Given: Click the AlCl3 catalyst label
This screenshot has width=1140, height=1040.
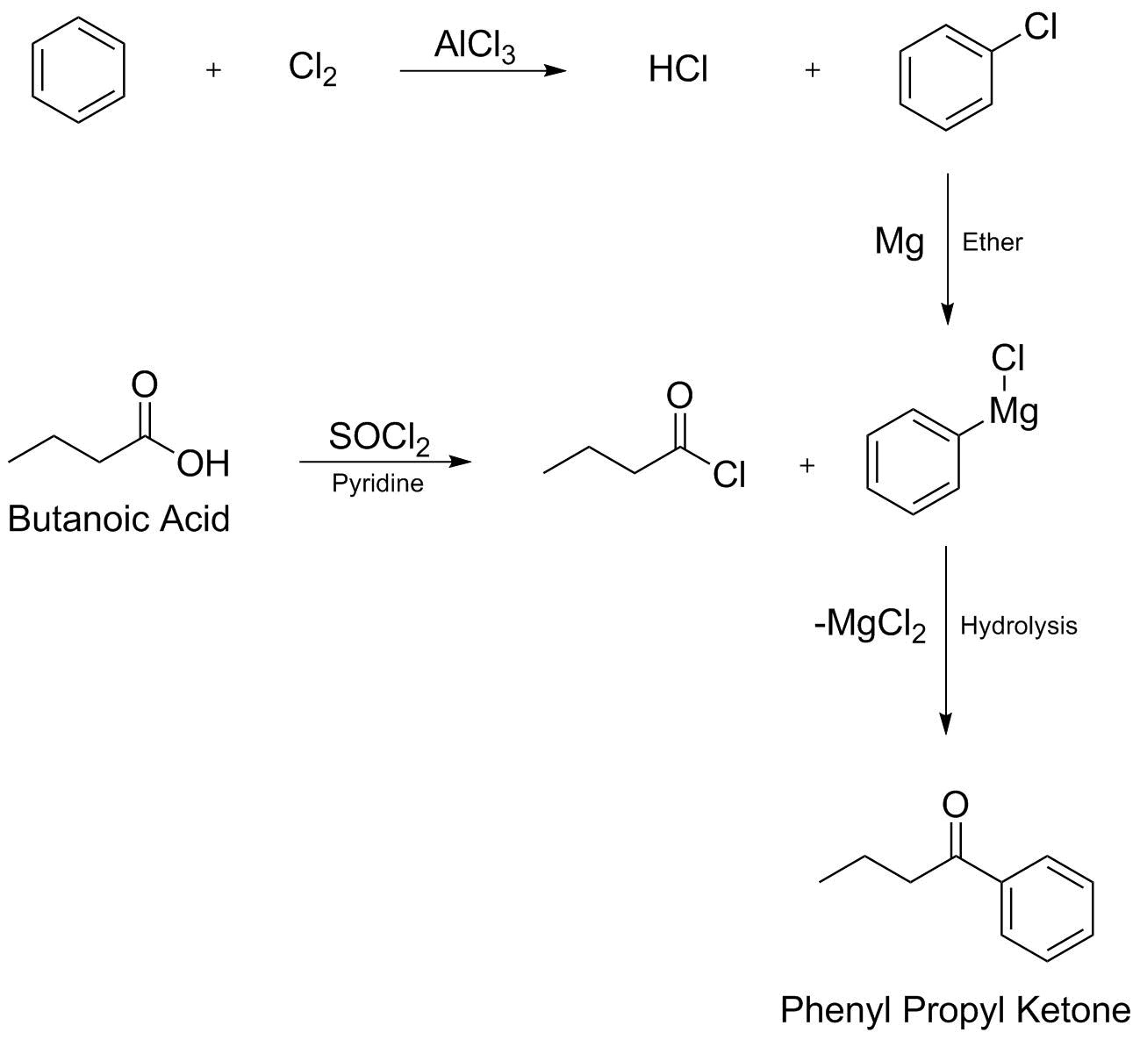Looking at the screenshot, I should [x=474, y=46].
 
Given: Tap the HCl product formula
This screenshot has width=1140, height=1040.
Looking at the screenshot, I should [x=678, y=69].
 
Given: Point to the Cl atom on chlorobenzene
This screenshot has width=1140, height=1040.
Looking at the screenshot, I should [x=1040, y=28].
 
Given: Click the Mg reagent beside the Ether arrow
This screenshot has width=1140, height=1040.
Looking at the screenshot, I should [x=900, y=240].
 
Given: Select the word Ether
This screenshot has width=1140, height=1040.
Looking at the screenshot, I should [x=992, y=241].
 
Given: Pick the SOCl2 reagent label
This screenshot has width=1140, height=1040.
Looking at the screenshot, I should [x=379, y=438].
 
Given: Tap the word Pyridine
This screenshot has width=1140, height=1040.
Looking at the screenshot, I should [x=377, y=484].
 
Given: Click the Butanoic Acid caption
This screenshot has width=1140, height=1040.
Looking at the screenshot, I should [x=118, y=519].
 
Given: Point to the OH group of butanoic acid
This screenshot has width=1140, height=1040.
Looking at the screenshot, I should [x=203, y=463].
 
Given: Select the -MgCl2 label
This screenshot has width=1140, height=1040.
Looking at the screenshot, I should [x=870, y=625].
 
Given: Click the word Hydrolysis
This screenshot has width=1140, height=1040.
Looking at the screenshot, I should [x=1018, y=626].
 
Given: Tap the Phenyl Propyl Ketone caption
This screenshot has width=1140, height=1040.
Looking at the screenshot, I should [x=956, y=1010].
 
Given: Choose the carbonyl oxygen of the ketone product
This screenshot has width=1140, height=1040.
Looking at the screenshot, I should [x=955, y=804].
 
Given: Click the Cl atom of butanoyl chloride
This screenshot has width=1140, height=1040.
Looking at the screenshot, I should [x=729, y=475].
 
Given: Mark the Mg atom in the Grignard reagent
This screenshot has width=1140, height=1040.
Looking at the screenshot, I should [x=1014, y=411].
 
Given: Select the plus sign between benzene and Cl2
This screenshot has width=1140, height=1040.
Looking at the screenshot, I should [x=213, y=70].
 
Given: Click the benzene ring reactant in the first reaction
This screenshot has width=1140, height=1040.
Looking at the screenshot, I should [x=78, y=69].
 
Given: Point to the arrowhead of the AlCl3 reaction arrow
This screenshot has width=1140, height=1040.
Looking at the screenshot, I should [x=555, y=70].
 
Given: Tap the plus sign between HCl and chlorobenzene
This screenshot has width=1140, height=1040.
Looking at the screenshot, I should [x=812, y=70].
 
